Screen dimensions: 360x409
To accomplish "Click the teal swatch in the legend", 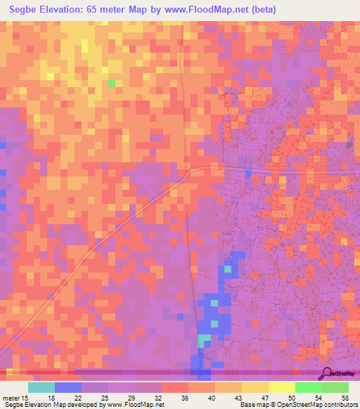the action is pos(41,387).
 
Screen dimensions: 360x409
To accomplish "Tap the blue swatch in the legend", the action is pos(68,387).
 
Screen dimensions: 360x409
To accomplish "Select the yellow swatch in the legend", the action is pos(282,387).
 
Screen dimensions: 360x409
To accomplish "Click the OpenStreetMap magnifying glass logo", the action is pos(326,372).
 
